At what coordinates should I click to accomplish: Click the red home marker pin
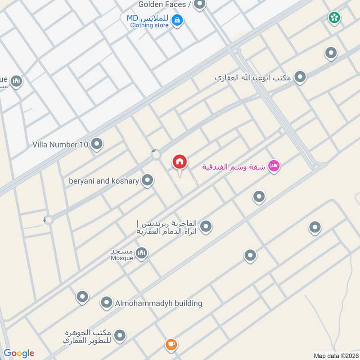(180, 162)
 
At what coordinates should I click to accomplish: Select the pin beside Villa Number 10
(97, 144)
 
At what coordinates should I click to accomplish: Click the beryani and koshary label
(104, 181)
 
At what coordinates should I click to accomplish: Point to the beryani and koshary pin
(147, 180)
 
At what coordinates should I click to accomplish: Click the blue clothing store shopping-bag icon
(177, 20)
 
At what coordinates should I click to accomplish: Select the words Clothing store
(149, 26)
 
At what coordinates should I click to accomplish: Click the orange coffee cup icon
(171, 345)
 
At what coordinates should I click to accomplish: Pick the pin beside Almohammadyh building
(107, 302)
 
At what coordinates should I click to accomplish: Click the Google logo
(19, 353)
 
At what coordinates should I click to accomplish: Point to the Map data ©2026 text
(335, 355)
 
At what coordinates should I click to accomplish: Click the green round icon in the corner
(334, 18)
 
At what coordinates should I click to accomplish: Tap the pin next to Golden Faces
(200, 4)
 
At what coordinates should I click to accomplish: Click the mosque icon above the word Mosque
(141, 253)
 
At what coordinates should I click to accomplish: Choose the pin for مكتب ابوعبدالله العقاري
(300, 77)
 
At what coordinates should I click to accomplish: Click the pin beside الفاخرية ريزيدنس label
(206, 226)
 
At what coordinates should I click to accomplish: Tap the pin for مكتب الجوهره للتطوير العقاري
(120, 336)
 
